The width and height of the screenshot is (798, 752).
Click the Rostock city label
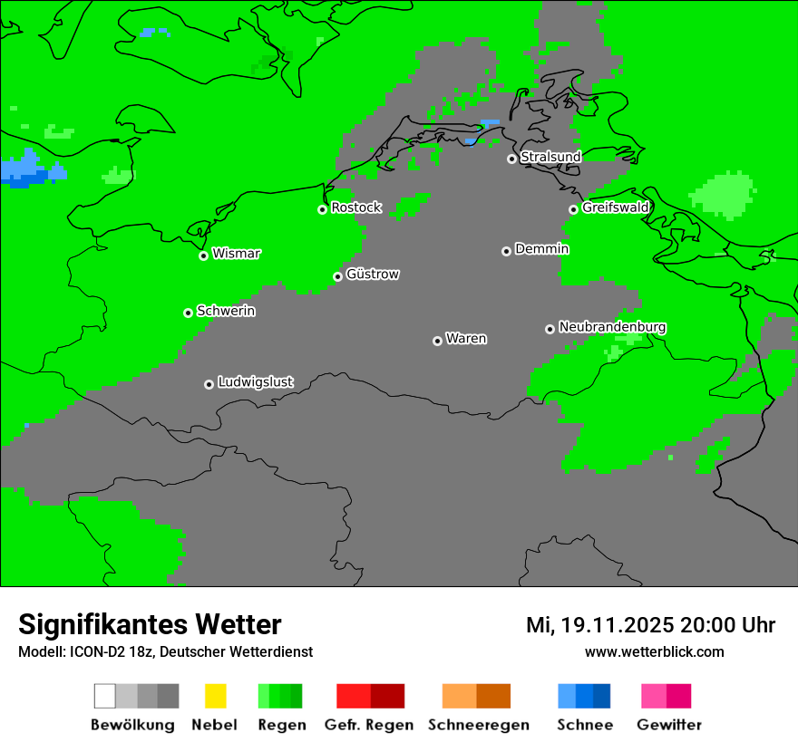pyautogui.click(x=356, y=207)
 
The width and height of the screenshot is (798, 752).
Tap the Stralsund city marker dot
pyautogui.click(x=511, y=159)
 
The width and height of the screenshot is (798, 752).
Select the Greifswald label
pyautogui.click(x=616, y=207)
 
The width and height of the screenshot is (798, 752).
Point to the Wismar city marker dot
pyautogui.click(x=204, y=255)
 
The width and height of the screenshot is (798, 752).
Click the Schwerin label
pyautogui.click(x=226, y=311)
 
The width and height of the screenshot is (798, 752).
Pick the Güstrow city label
pyautogui.click(x=373, y=274)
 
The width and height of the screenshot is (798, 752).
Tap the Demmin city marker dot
pyautogui.click(x=506, y=251)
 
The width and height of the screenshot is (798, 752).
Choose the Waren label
pyautogui.click(x=466, y=339)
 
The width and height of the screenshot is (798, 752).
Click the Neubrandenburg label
pyautogui.click(x=612, y=327)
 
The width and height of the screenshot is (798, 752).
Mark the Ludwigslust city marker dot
pyautogui.click(x=209, y=384)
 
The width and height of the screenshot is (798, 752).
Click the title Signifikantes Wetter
pyautogui.click(x=150, y=625)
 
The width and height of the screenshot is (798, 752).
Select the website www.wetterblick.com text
pyautogui.click(x=654, y=651)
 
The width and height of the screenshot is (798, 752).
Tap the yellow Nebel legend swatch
pyautogui.click(x=215, y=696)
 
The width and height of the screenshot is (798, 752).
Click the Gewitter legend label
pyautogui.click(x=669, y=725)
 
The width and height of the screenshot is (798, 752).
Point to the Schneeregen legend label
pyautogui.click(x=478, y=725)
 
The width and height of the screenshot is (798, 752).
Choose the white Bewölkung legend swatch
pyautogui.click(x=105, y=696)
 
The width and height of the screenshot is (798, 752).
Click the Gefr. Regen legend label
pyautogui.click(x=369, y=725)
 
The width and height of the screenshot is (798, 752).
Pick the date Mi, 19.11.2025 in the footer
pyautogui.click(x=598, y=625)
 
